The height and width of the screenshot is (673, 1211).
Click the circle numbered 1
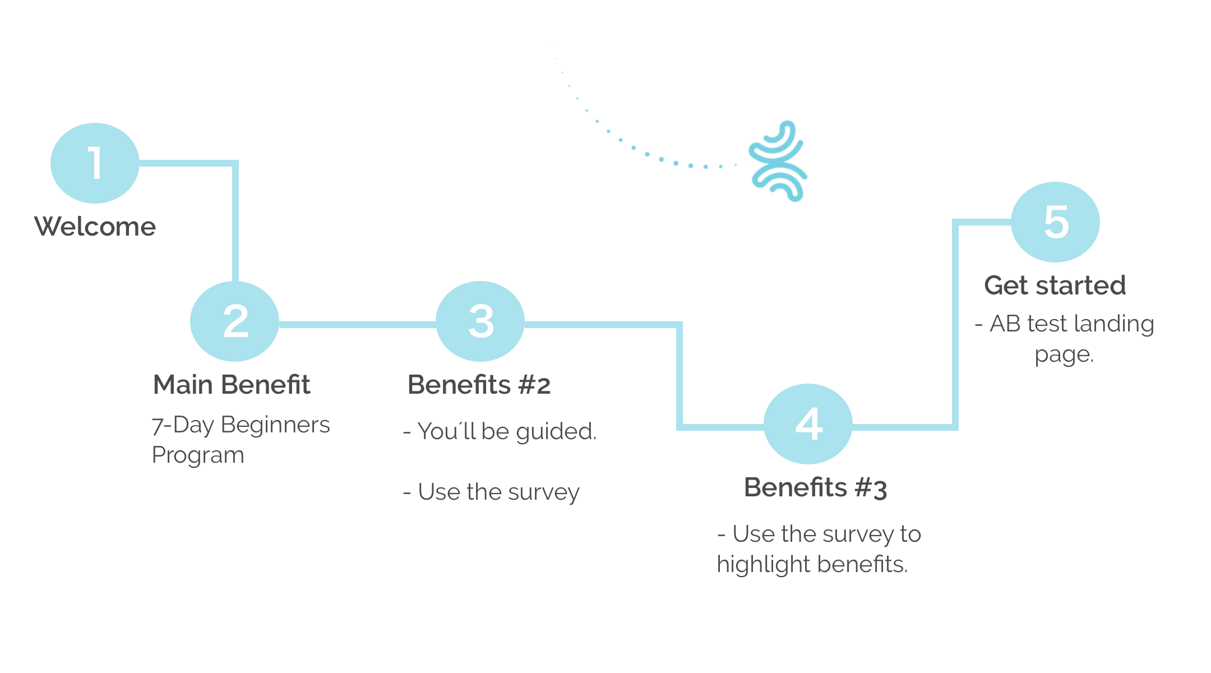[95, 163]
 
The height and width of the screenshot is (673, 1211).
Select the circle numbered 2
[234, 321]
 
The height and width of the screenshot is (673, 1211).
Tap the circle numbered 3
[480, 321]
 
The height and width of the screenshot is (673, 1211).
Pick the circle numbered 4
[808, 424]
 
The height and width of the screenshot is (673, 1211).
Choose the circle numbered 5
[1055, 222]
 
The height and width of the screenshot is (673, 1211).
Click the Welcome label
[95, 227]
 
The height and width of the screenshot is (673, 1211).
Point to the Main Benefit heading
[231, 385]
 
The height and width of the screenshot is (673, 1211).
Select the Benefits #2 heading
[479, 385]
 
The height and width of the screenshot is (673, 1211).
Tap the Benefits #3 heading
[815, 488]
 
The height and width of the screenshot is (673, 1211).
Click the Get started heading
[1055, 285]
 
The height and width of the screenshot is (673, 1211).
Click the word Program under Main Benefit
[198, 455]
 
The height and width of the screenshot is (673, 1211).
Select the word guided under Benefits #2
[555, 432]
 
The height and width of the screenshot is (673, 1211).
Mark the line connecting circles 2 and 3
[357, 324]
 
